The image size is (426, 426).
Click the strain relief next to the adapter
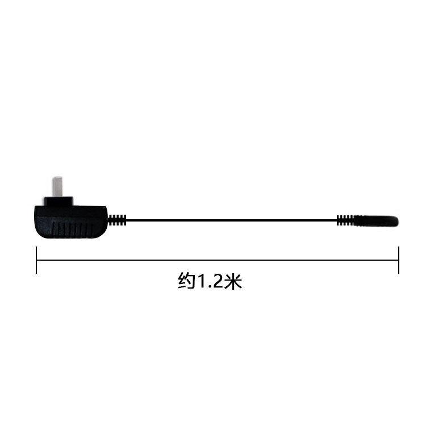tap(118, 220)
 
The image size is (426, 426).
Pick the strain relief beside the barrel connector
tap(345, 220)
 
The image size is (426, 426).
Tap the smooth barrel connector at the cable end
tap(375, 220)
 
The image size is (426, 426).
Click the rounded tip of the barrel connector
tap(396, 220)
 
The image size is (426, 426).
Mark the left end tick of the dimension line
tap(36, 260)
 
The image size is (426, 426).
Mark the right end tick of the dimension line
tap(399, 260)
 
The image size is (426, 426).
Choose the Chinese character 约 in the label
tap(186, 281)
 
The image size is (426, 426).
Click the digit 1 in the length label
tap(200, 281)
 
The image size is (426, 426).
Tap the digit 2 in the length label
tap(215, 281)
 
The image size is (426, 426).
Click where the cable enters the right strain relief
tap(337, 220)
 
